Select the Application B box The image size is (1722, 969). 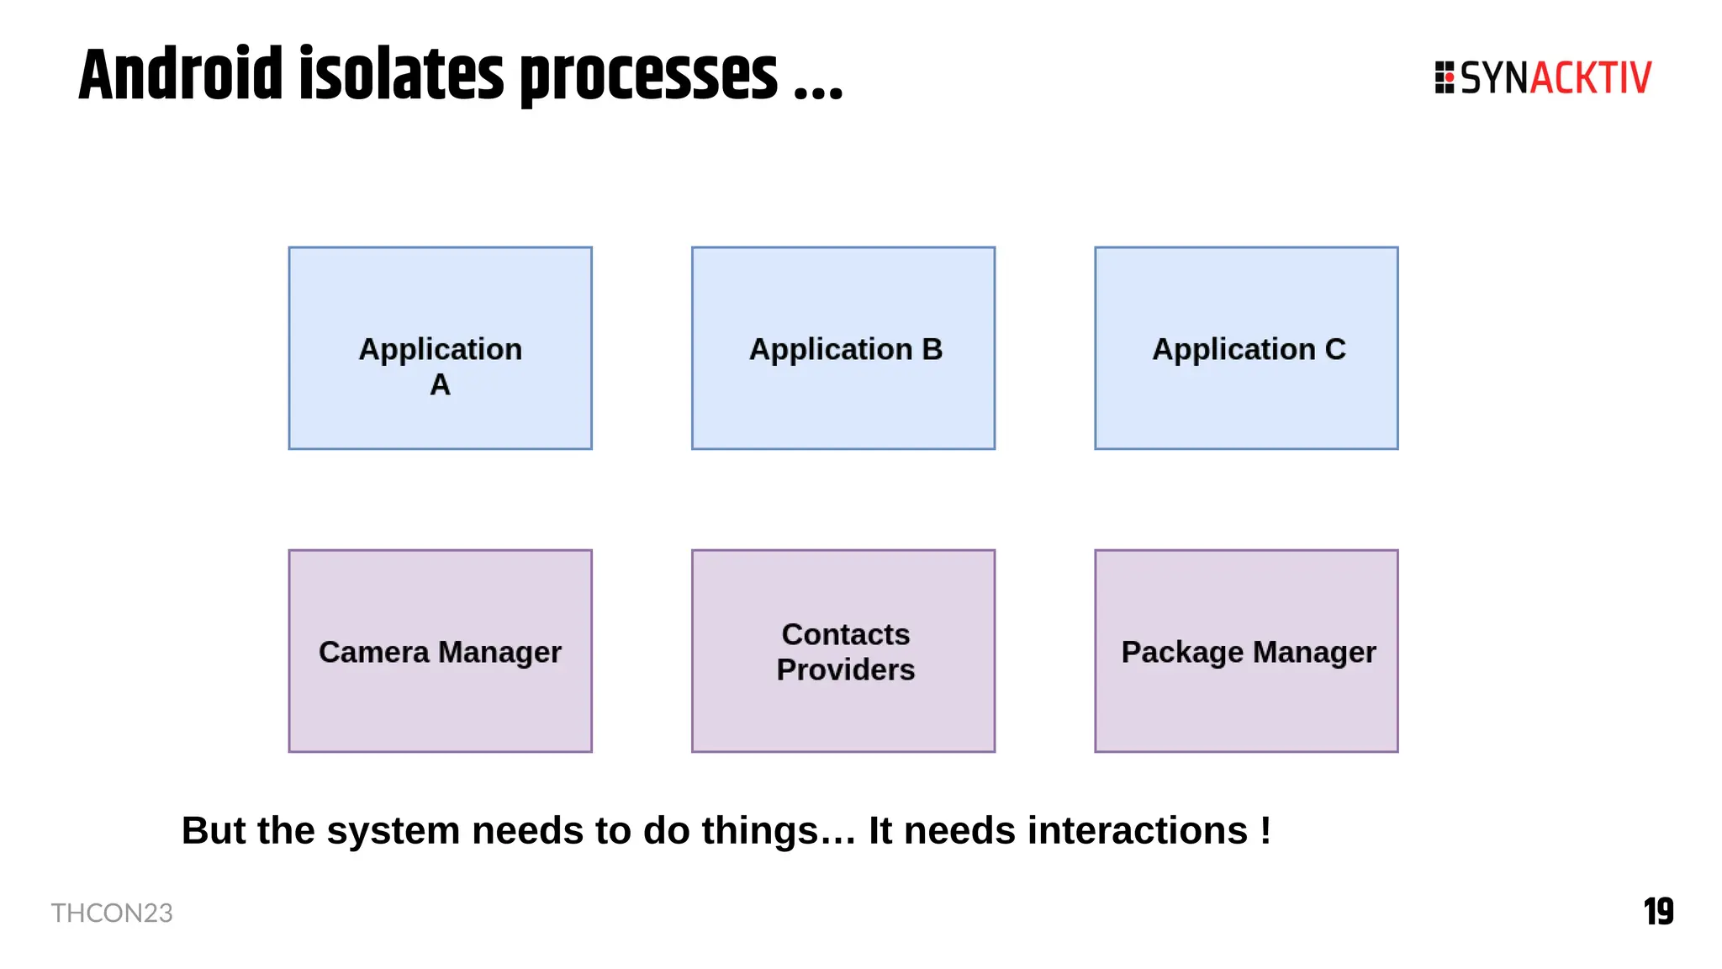843,348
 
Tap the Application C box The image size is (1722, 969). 1246,348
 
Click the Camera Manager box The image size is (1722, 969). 440,651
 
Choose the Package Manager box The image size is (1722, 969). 1246,651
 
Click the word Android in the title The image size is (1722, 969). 181,76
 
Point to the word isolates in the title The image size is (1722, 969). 403,76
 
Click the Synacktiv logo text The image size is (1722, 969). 1556,78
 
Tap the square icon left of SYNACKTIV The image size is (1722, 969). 1445,77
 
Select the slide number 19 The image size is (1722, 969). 1658,912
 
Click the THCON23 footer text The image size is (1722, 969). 112,913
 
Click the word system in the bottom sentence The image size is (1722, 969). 394,831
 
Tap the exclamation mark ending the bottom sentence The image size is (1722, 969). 1265,830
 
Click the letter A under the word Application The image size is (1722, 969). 440,384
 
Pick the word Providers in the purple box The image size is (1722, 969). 845,670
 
